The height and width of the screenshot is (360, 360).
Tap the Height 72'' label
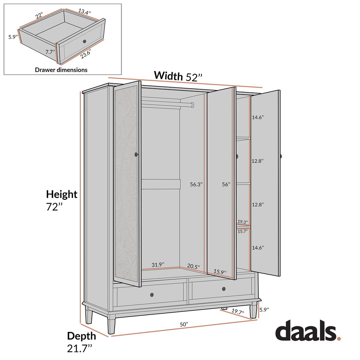62,200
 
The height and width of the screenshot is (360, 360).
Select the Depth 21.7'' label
82,341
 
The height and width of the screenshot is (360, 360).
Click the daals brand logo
308,331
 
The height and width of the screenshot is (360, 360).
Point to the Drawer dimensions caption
61,70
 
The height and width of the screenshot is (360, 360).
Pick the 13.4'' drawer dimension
84,12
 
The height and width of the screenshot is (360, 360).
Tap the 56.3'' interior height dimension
196,184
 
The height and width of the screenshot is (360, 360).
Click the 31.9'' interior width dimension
158,264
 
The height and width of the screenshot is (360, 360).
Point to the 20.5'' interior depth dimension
193,266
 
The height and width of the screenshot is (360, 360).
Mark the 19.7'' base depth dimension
238,311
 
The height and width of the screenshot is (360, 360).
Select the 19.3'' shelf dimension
243,222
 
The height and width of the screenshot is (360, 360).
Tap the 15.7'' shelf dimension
243,231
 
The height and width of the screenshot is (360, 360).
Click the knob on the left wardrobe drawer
152,294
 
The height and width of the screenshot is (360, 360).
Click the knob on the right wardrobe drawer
224,289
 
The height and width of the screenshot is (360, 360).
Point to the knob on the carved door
136,154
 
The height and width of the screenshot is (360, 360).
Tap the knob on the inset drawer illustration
84,41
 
